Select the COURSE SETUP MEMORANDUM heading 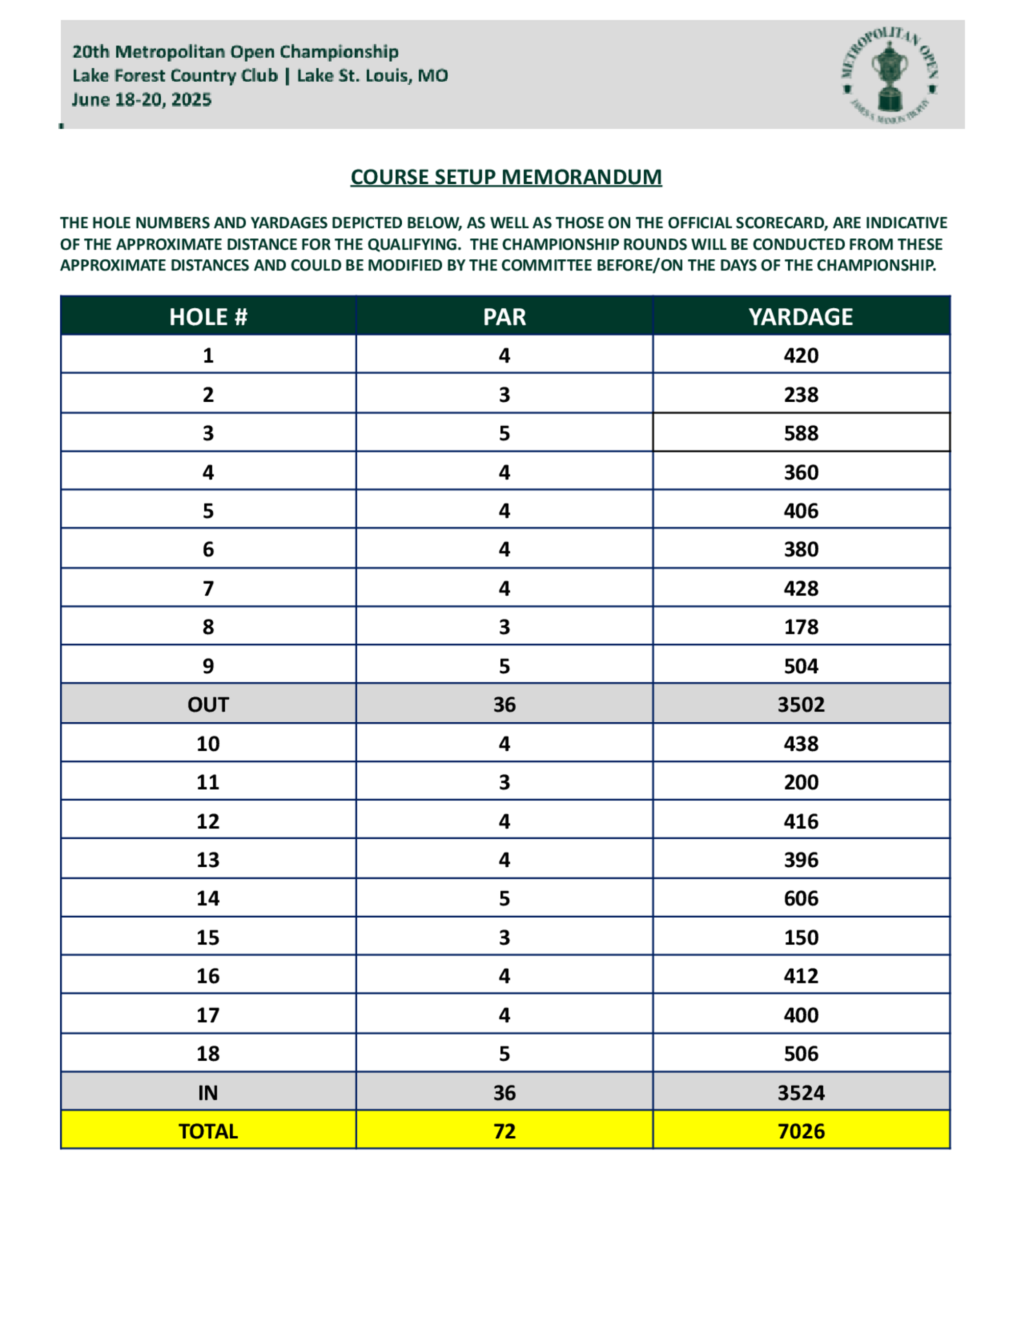pos(506,177)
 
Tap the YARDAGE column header pos(801,317)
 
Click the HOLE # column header pos(208,317)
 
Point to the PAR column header pos(504,317)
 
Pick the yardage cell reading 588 pos(801,433)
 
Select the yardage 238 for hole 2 pos(801,395)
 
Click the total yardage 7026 pos(801,1131)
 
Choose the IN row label pos(208,1092)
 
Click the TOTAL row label pos(208,1131)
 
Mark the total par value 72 pos(504,1131)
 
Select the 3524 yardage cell pos(801,1092)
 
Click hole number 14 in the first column pos(208,898)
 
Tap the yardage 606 pos(801,898)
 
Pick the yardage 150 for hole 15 pos(801,937)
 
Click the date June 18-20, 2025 pos(141,100)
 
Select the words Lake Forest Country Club pos(175,76)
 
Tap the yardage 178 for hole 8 pos(801,627)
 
